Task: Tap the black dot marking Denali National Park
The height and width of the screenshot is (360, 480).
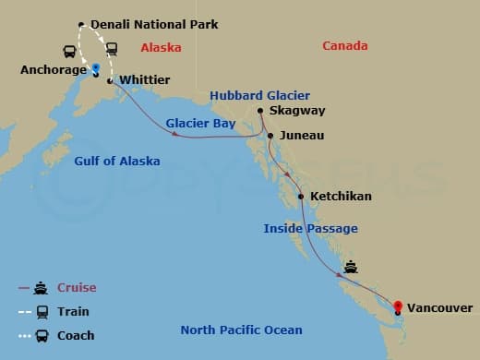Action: point(81,24)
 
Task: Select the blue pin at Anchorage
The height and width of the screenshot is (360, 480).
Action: point(97,68)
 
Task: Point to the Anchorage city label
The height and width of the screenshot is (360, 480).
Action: point(53,69)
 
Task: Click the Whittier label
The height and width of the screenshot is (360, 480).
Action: point(145,80)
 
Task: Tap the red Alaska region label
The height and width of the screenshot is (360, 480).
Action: point(161,47)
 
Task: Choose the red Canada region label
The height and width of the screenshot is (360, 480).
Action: point(344,46)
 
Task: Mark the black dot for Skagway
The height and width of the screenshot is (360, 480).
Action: point(260,111)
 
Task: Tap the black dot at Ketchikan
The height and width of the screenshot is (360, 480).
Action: point(302,196)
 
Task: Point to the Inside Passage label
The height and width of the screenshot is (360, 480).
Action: point(310,228)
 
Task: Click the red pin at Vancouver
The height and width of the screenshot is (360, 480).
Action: point(398,308)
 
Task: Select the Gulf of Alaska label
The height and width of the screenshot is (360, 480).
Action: point(116,161)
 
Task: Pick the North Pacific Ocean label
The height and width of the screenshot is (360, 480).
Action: point(241,330)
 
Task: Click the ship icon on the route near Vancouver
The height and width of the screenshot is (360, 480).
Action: point(351,268)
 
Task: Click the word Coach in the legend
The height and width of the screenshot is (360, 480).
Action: point(76,335)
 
